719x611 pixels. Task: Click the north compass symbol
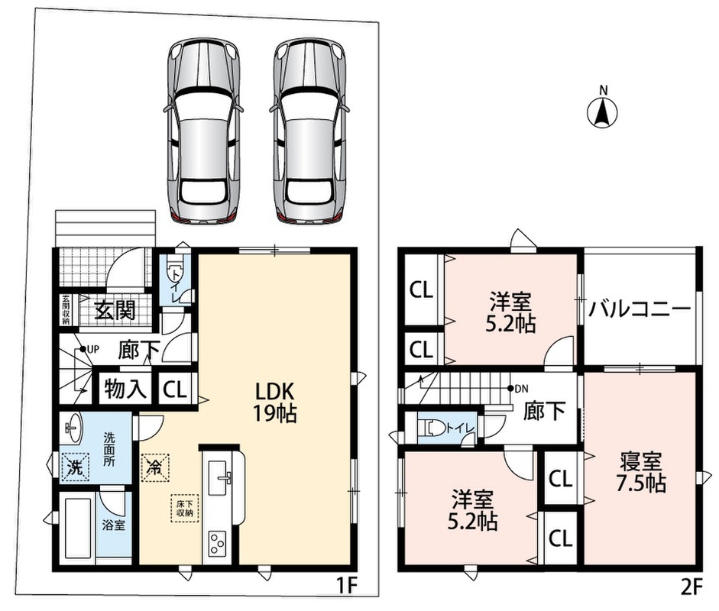(x=603, y=112)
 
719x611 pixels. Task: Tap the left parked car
(x=203, y=131)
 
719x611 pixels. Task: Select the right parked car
(x=309, y=131)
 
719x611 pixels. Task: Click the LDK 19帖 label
(x=274, y=402)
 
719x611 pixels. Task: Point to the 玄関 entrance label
(x=115, y=310)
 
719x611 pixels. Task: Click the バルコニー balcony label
(x=640, y=309)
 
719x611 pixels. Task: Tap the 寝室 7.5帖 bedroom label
(x=641, y=472)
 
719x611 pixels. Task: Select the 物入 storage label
(x=125, y=390)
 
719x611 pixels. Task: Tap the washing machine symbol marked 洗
(x=76, y=467)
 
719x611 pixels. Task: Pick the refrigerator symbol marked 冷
(x=155, y=467)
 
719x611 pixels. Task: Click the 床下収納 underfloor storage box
(x=185, y=508)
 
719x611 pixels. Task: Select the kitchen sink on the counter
(x=219, y=477)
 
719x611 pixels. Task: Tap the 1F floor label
(x=346, y=587)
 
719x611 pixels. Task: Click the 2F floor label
(x=691, y=587)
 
